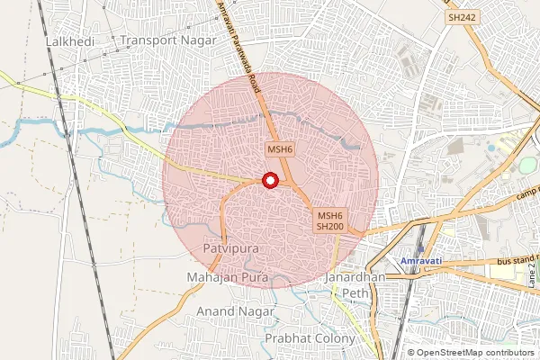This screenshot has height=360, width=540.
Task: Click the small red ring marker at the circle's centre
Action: pyautogui.click(x=269, y=181)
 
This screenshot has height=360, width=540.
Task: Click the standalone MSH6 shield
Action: pyautogui.click(x=277, y=149)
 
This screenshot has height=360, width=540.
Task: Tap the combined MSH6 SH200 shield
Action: pyautogui.click(x=329, y=221)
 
